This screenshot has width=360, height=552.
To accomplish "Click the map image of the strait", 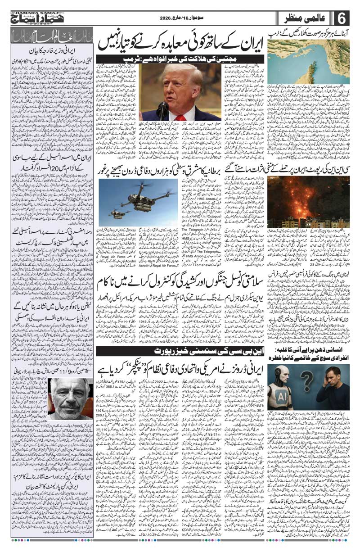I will [308, 59].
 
